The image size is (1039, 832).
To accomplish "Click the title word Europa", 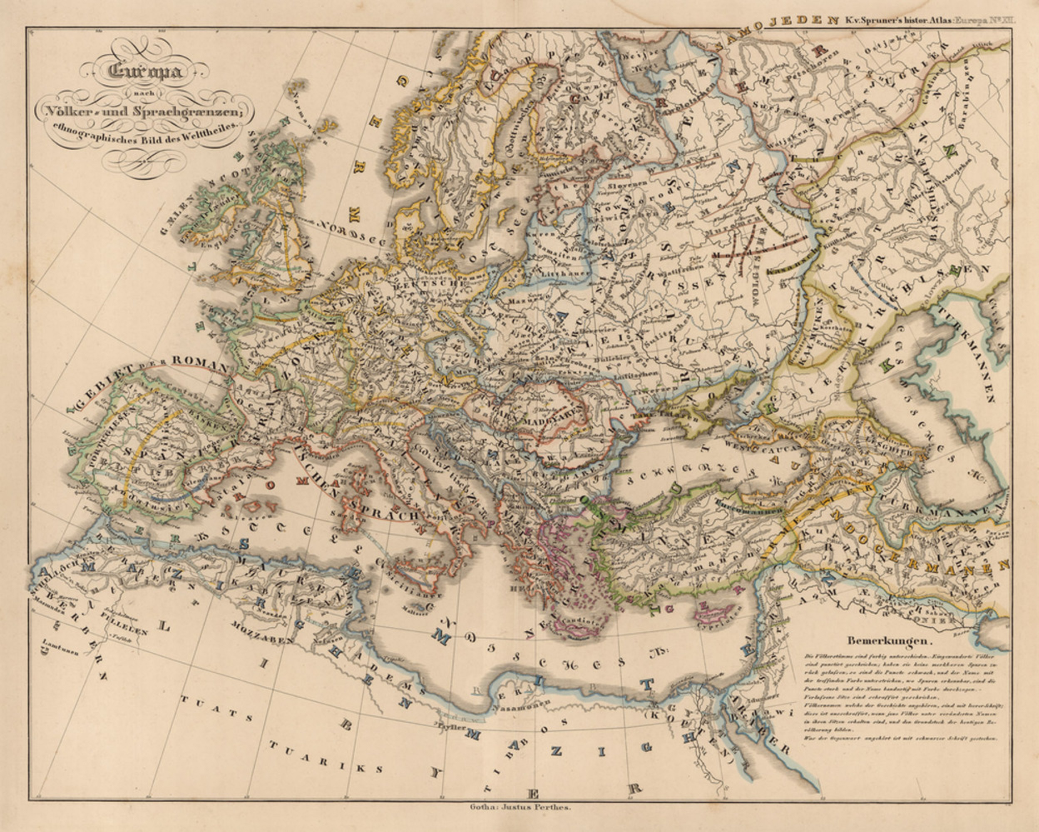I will tap(146, 71).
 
